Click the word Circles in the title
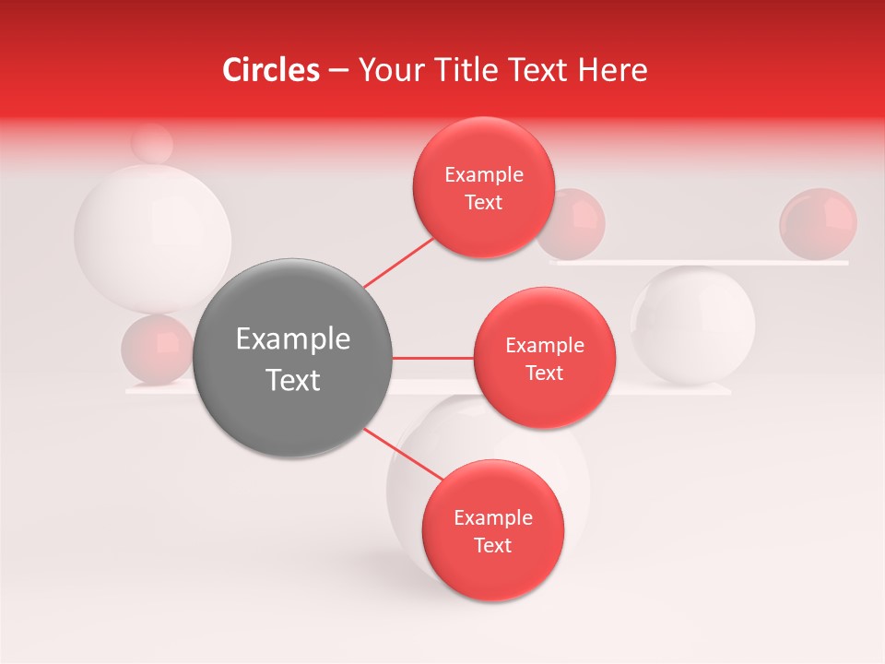point(270,70)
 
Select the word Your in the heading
point(389,70)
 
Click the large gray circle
point(293,359)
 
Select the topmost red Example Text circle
point(483,187)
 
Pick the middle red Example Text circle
point(544,358)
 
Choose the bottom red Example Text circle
point(492,530)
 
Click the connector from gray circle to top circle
point(399,261)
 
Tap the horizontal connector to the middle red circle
point(432,358)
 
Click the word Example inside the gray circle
point(293,339)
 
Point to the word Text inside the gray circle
point(293,380)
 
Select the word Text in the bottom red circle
point(492,545)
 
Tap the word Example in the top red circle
point(484,174)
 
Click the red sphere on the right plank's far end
point(818,222)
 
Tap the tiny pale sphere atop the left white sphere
point(151,143)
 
